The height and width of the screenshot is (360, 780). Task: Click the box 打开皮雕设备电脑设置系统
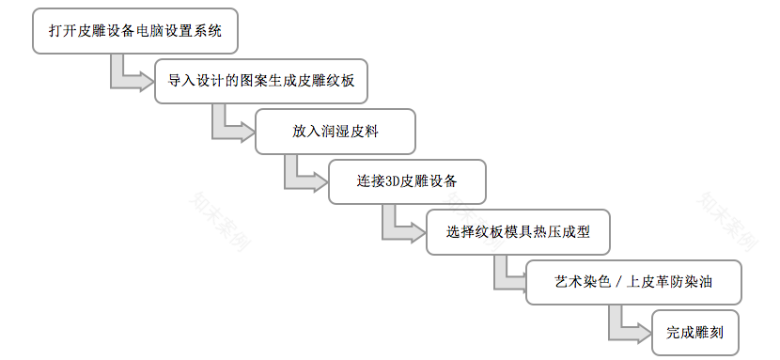click(x=134, y=31)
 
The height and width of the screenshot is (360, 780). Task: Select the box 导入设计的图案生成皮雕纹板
click(x=262, y=81)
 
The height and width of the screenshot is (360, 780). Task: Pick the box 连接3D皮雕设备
click(x=407, y=181)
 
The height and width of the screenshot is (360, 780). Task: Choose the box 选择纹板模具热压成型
click(x=518, y=231)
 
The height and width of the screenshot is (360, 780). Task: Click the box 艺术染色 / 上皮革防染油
click(x=635, y=281)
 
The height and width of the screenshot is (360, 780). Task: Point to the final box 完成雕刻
click(x=694, y=333)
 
